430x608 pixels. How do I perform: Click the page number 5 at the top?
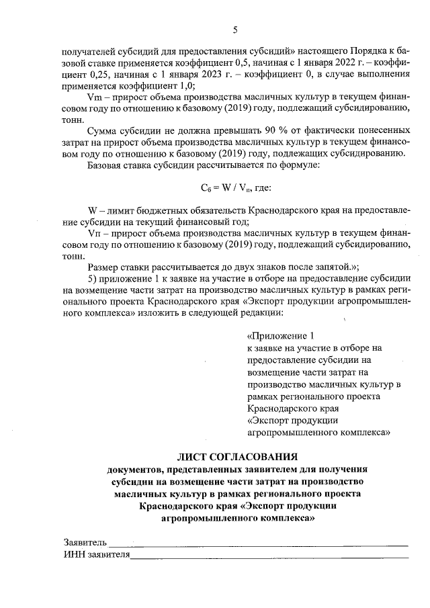235,29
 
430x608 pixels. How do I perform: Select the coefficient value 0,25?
101,75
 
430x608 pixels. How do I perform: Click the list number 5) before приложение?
94,278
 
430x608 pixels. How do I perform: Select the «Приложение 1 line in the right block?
281,336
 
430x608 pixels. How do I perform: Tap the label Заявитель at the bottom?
85,541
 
